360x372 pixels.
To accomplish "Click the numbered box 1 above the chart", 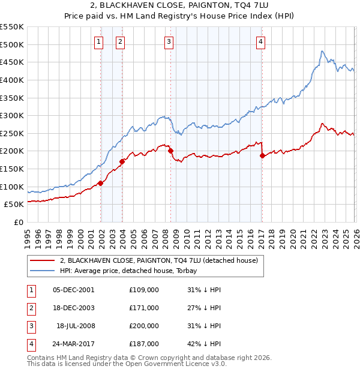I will click(x=98, y=41).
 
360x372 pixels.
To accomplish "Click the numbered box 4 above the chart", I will click(x=261, y=41).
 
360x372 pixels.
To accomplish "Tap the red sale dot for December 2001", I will click(x=100, y=184).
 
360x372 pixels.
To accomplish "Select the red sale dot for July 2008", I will click(x=170, y=151).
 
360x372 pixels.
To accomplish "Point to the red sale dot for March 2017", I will click(x=262, y=155).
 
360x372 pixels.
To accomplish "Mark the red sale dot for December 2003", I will click(x=122, y=161).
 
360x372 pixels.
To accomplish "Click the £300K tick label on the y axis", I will click(x=11, y=115).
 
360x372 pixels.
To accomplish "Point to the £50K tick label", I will click(x=14, y=204).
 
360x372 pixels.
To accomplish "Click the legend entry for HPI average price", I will click(x=132, y=271).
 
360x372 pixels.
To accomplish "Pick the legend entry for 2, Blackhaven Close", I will click(x=158, y=260).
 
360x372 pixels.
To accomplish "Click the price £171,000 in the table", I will click(x=143, y=308).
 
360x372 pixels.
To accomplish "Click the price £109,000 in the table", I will click(x=143, y=290).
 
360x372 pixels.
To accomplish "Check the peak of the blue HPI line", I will click(x=322, y=52).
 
